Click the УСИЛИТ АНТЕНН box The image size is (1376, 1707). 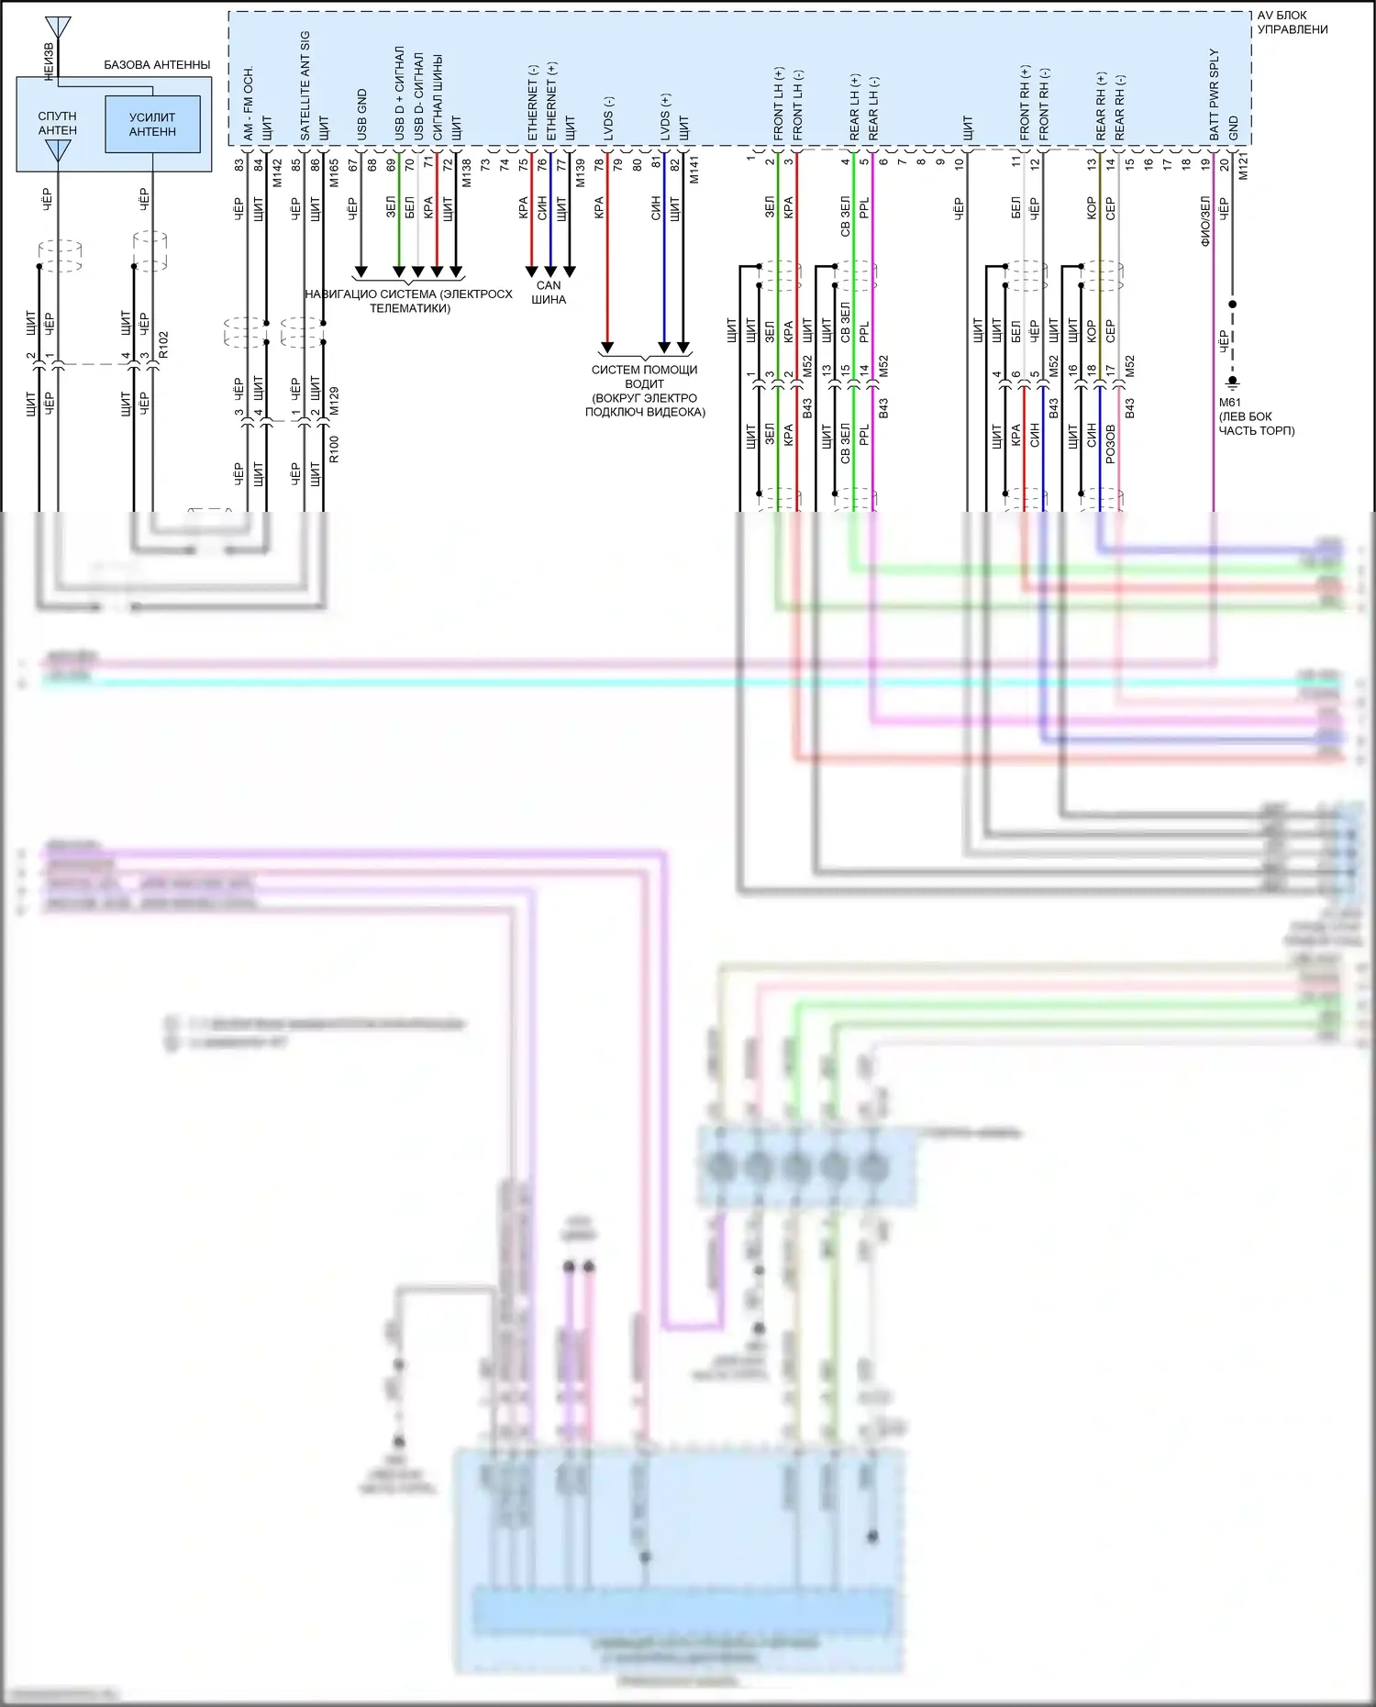coord(152,124)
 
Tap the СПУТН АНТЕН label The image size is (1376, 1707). coord(57,124)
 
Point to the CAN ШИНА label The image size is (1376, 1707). coord(549,293)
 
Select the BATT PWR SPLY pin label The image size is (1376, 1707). coord(1214,94)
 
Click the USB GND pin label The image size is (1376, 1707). coord(361,115)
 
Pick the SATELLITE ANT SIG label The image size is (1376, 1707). coord(305,85)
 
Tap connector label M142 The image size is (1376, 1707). coord(277,172)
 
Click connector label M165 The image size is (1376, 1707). coord(334,172)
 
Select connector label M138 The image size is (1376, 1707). coord(466,172)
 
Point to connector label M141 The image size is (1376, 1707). coord(694,170)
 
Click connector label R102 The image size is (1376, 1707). coord(163,345)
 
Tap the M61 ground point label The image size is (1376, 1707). coord(1229,403)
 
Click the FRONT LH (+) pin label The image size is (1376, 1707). coord(778,104)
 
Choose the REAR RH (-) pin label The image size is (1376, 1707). coord(1119,107)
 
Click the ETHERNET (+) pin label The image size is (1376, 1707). coord(551,101)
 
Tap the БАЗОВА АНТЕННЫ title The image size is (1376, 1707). coord(157,65)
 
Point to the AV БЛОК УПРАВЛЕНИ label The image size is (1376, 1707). coord(1292,22)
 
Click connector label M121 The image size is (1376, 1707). coord(1243,166)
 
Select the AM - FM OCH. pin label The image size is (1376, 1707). coord(248,104)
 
